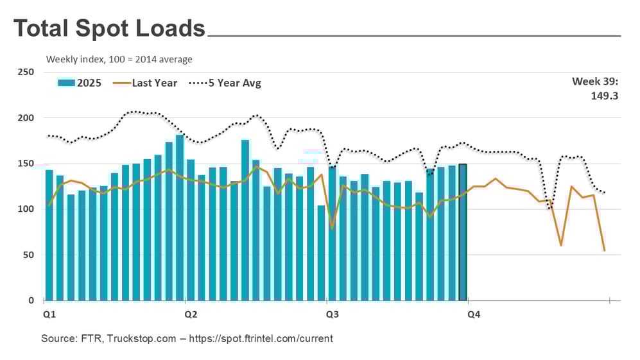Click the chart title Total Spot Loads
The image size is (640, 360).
pos(109,28)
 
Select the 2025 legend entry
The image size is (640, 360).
pos(80,83)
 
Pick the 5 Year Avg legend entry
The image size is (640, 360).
pos(225,83)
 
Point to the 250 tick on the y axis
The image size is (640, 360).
pos(26,72)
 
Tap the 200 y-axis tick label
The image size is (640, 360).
pos(26,118)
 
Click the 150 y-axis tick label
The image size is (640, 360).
pos(26,164)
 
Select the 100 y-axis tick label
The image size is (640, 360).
pos(26,209)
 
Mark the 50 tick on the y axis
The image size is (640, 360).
pos(28,255)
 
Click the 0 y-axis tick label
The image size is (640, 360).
pos(31,300)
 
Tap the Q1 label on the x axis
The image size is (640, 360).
pos(49,315)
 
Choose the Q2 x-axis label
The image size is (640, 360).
pos(191,315)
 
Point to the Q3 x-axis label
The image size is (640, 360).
pos(333,315)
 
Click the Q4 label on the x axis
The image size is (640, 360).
pos(474,315)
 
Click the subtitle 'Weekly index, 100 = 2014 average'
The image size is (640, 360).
pos(119,60)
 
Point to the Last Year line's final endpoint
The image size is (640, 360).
pos(604,250)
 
